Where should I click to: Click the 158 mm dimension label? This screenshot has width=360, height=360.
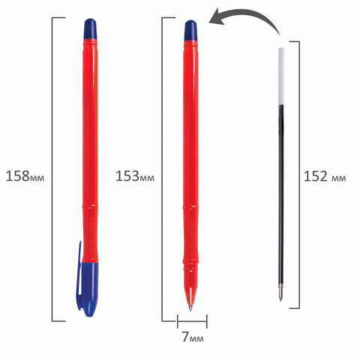pyautogui.click(x=27, y=177)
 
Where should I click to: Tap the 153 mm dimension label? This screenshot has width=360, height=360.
pyautogui.click(x=135, y=177)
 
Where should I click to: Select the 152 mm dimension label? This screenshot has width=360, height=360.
pyautogui.click(x=324, y=178)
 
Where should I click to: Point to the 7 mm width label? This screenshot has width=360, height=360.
pyautogui.click(x=191, y=337)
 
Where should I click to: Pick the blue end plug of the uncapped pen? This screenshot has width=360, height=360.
pyautogui.click(x=191, y=29)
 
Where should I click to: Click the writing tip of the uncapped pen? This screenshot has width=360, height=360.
pyautogui.click(x=191, y=307)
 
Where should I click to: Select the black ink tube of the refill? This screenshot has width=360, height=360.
pyautogui.click(x=281, y=187)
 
